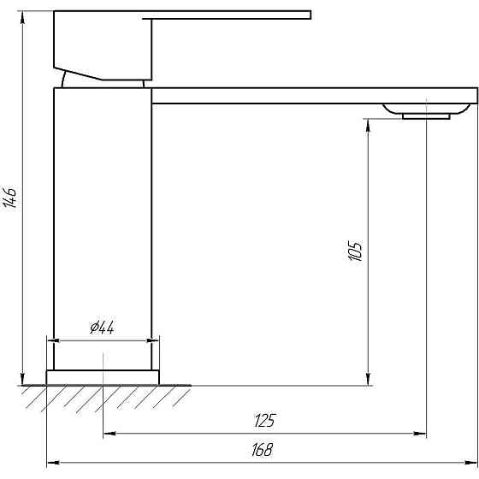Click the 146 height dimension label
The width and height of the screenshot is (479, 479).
tap(11, 199)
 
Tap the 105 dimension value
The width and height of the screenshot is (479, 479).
tap(356, 251)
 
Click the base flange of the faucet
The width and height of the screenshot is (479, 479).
tap(103, 377)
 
